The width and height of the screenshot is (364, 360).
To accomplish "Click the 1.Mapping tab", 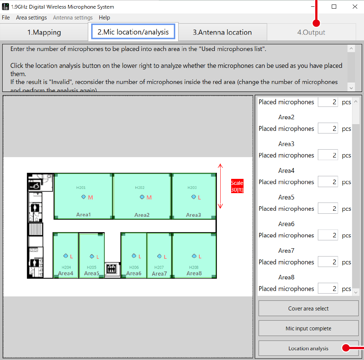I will [44, 32].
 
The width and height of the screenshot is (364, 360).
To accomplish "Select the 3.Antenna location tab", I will [222, 32].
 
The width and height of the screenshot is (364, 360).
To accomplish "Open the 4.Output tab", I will [311, 32].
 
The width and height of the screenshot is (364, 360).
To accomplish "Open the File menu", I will [6, 18].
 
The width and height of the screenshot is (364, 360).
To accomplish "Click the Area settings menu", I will [32, 18].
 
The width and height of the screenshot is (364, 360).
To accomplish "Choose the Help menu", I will [104, 18].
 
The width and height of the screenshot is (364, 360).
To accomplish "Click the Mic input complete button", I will [308, 328].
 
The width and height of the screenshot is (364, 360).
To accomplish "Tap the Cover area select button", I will [308, 309].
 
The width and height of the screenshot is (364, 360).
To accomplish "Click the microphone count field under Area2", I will [328, 129].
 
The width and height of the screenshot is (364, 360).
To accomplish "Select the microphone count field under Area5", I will [328, 208].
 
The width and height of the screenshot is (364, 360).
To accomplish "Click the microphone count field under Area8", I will [328, 289].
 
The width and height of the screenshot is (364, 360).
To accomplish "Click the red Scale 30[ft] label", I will [237, 186].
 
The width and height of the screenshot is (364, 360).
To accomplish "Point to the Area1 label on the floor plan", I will [83, 215].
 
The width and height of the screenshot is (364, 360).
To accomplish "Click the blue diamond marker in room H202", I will [142, 197].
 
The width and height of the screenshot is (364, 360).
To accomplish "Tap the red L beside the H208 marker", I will [200, 257].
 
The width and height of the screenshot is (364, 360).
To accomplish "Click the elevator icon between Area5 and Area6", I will [111, 269].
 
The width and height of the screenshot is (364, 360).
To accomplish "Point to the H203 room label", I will [192, 187].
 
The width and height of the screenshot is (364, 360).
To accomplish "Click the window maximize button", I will [334, 6].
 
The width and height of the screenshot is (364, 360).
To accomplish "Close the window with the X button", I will [355, 6].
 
